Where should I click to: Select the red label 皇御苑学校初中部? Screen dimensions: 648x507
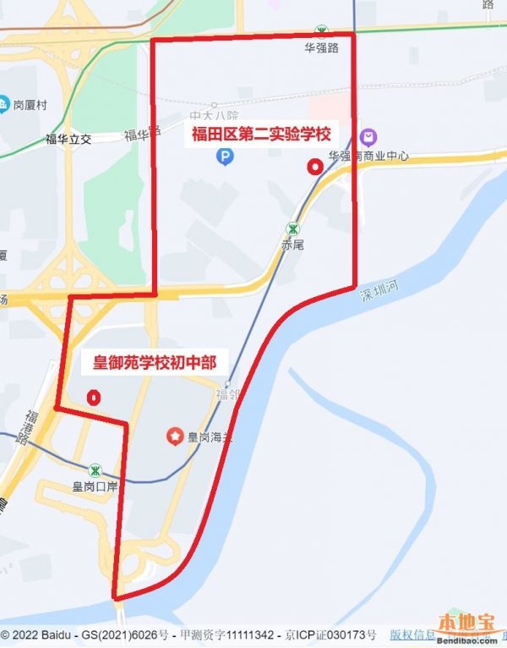[x=149, y=365]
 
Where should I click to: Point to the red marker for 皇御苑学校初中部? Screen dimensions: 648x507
[x=94, y=397]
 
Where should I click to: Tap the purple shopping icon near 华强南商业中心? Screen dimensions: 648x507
[x=368, y=137]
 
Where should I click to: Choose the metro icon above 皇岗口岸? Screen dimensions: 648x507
[x=95, y=470]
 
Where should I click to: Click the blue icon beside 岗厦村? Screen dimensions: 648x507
[x=3, y=105]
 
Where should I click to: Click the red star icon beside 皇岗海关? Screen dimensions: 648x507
[x=174, y=437]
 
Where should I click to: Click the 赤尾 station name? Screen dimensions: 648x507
[x=292, y=245]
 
